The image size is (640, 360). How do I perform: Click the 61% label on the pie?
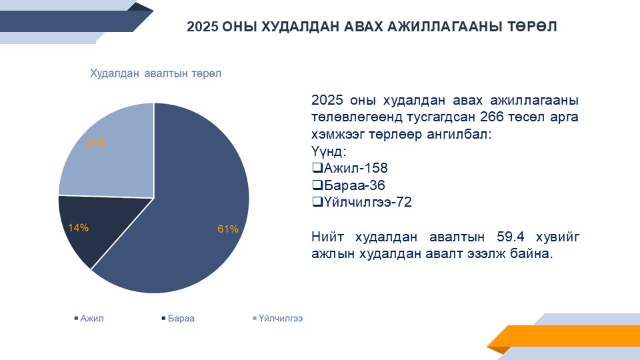pos(228,229)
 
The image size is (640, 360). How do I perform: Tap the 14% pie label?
pos(78,228)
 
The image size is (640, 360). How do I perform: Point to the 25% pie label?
pos(95,143)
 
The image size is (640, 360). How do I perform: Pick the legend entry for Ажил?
pos(89,319)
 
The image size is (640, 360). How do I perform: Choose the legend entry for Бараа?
pos(178,319)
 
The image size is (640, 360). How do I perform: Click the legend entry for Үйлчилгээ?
pos(278,319)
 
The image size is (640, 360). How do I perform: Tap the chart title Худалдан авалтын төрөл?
pos(155,73)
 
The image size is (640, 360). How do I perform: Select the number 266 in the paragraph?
pos(492,117)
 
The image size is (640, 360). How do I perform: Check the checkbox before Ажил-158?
pos(317,168)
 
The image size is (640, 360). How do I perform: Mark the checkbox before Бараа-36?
pos(317,185)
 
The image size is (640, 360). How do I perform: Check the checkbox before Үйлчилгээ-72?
pos(317,201)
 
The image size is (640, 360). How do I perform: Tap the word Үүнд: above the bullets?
pos(329,151)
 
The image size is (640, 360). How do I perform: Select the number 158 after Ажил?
pos(376,168)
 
